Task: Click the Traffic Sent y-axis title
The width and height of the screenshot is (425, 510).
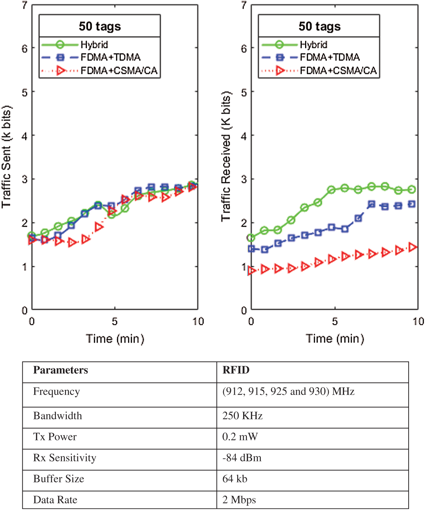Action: point(6,157)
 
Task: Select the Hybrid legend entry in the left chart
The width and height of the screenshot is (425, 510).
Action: point(94,45)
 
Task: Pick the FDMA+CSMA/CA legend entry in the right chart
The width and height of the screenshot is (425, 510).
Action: point(338,71)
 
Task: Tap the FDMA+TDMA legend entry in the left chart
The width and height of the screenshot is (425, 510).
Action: point(110,57)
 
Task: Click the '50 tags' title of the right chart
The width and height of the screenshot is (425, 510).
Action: point(319,26)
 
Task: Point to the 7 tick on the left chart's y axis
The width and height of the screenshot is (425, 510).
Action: point(25,5)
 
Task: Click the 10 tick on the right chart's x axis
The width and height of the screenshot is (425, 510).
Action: point(418,322)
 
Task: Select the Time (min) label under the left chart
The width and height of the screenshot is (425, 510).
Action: point(115,339)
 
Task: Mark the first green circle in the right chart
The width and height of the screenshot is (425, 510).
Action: point(251,238)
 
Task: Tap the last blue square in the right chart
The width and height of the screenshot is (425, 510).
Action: point(412,204)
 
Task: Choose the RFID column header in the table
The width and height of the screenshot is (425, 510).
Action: point(236,370)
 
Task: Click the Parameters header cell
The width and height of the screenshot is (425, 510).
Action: point(61,370)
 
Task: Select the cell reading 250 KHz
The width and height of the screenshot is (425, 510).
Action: point(242,416)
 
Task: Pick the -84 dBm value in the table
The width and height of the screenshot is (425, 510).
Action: point(242,458)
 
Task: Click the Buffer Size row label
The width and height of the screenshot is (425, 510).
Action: point(59,479)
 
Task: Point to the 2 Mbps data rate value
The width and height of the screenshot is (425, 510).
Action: point(239,500)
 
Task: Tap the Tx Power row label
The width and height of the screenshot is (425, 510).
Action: point(55,437)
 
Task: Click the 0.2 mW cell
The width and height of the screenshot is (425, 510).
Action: point(240,437)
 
